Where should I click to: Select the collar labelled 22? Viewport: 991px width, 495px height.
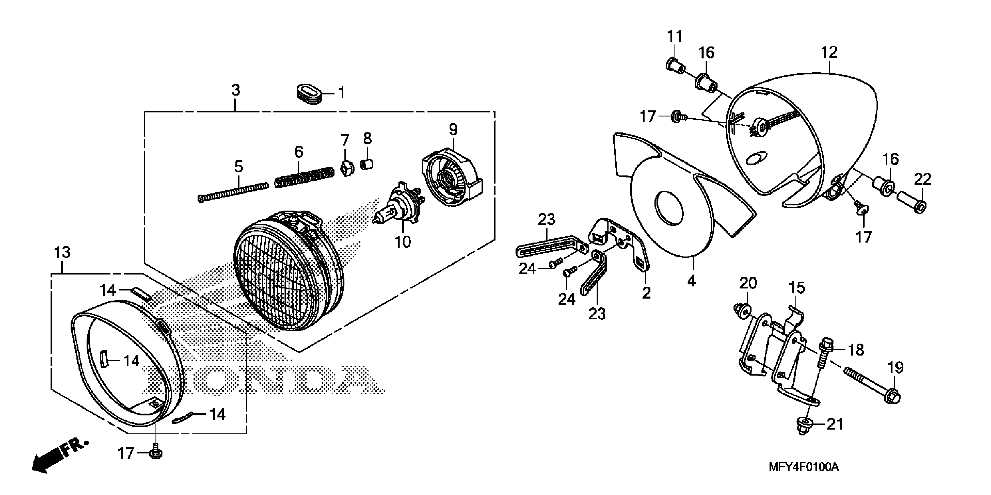[912, 203]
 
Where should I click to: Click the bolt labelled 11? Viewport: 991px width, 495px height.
[675, 67]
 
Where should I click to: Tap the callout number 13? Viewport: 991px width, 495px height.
[62, 253]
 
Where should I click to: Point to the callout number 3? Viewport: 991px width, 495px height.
[236, 90]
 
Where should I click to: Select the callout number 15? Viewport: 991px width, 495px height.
[797, 288]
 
